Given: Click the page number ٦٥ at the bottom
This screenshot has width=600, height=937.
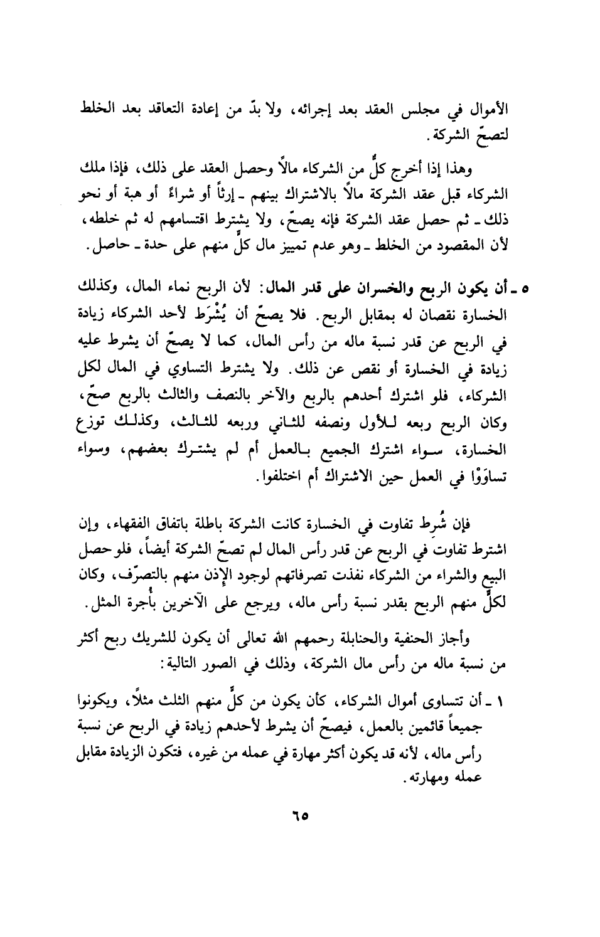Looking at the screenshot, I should (x=301, y=818).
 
